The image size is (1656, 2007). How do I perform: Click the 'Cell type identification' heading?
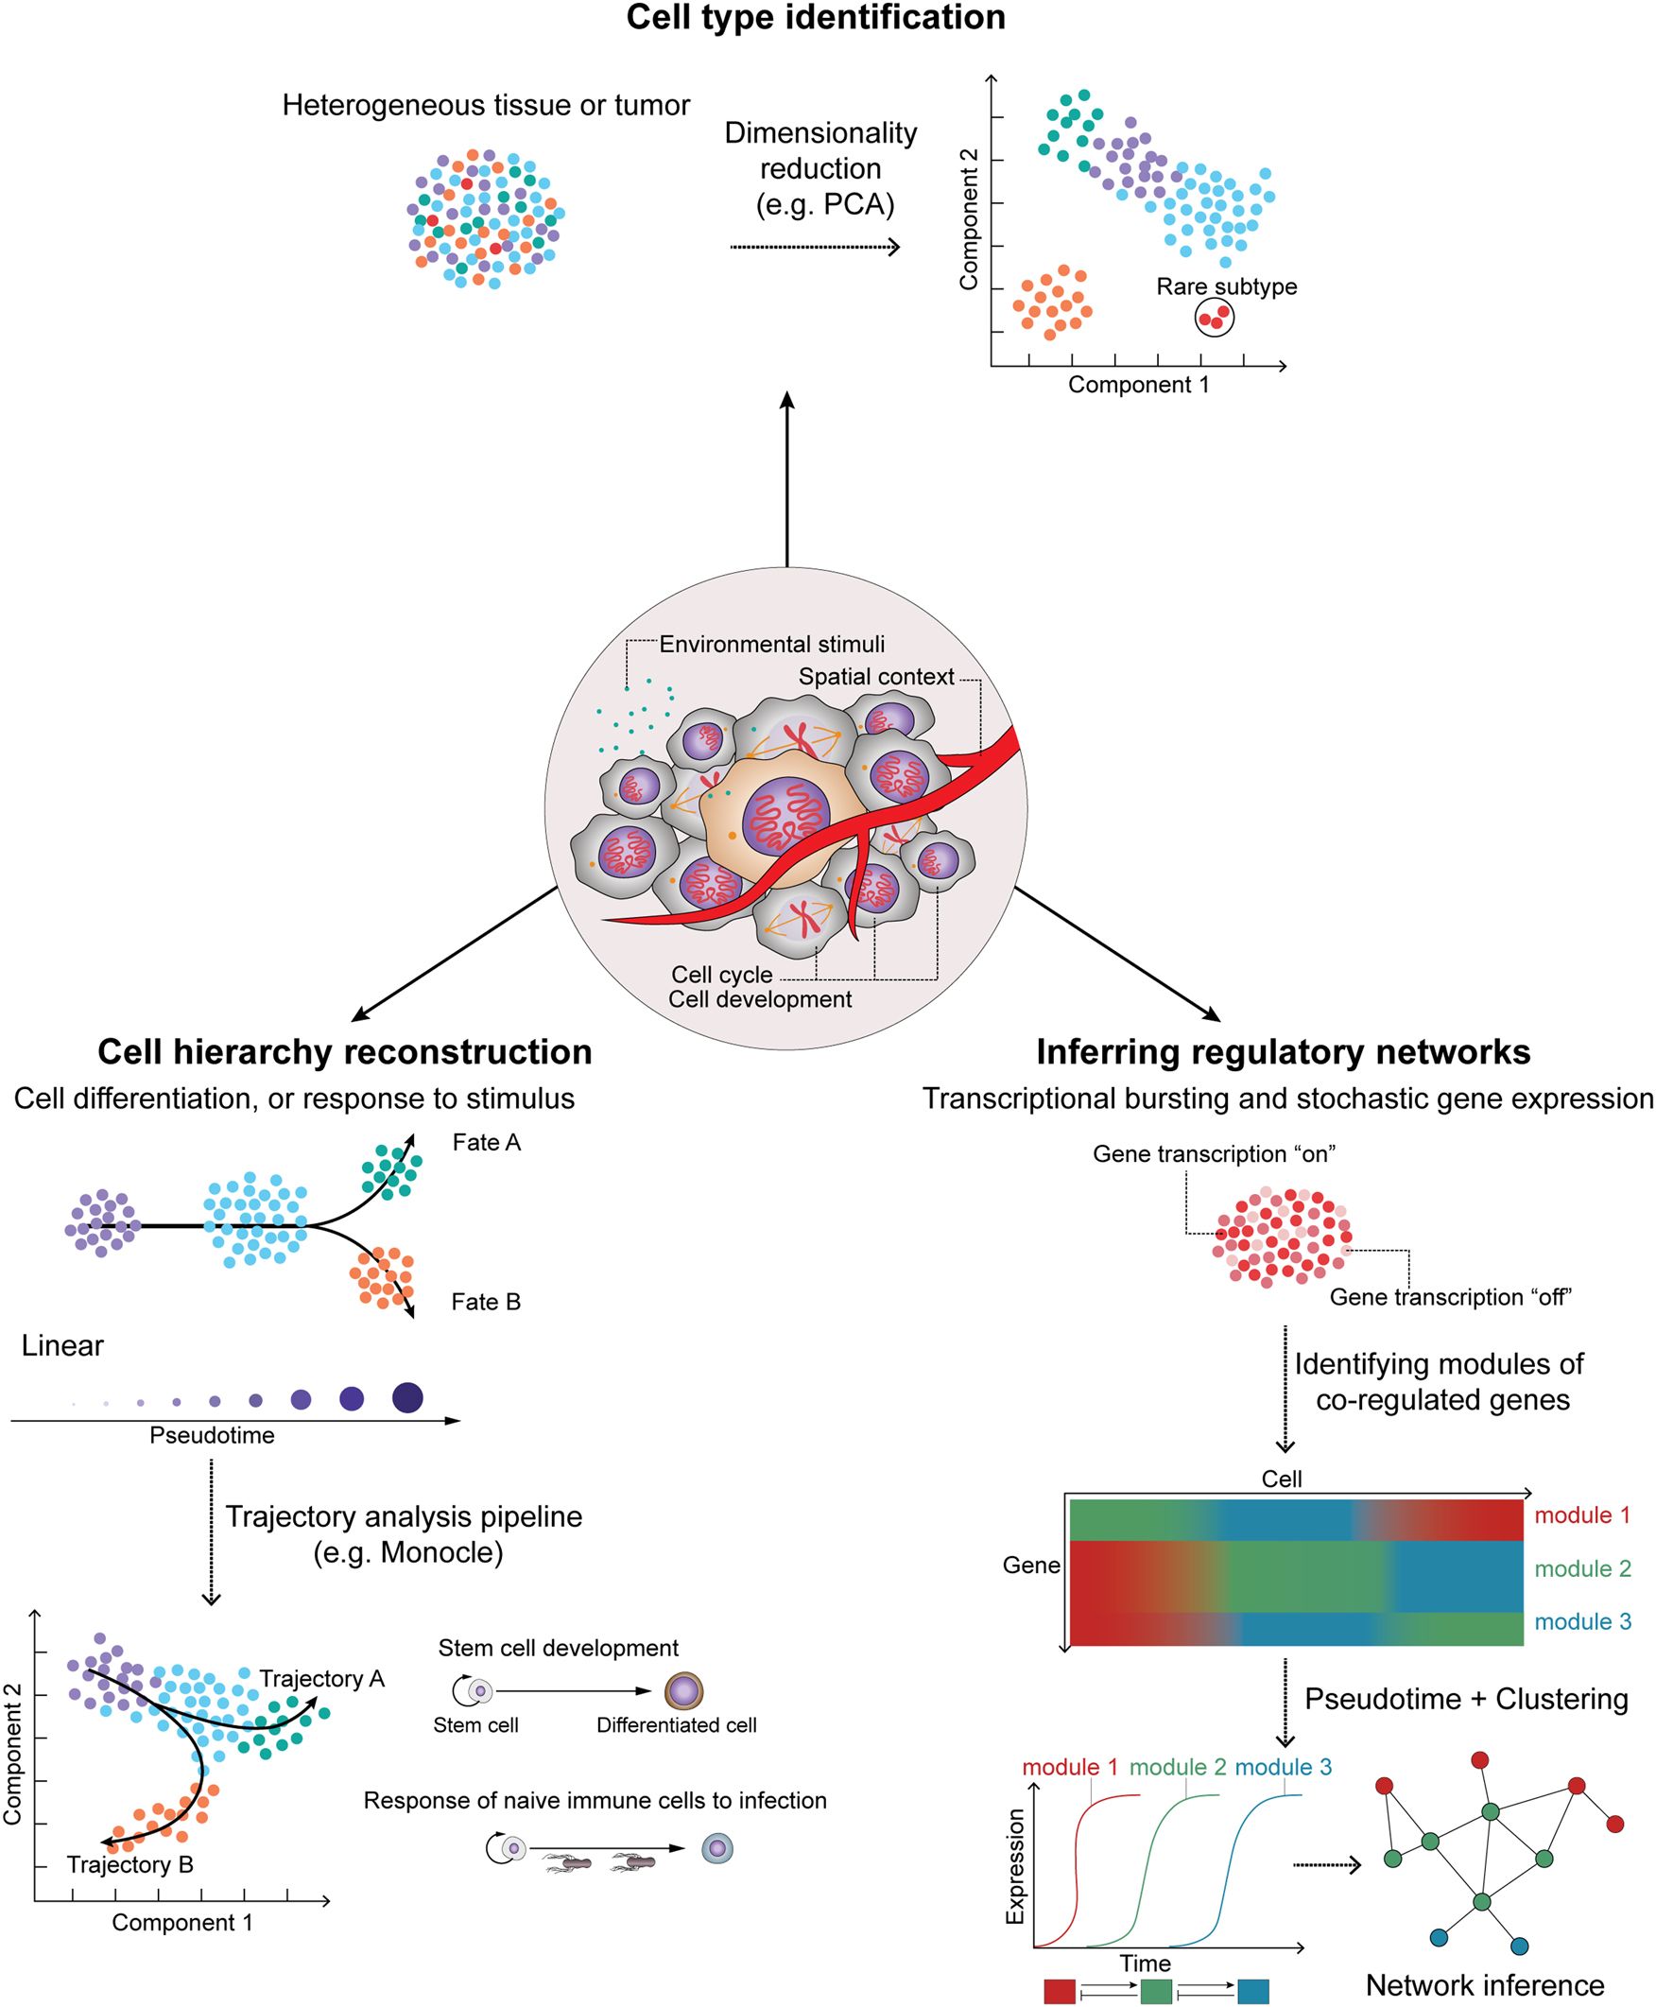(x=816, y=17)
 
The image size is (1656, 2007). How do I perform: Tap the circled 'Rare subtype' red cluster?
(x=1215, y=318)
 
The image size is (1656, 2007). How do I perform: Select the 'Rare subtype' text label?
(x=1226, y=286)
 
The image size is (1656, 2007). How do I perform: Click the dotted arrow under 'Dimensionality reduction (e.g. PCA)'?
(x=815, y=248)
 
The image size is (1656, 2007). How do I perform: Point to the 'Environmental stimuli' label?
(x=771, y=645)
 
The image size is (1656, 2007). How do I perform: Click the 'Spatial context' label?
(x=875, y=676)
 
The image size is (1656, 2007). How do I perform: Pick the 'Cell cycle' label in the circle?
(x=721, y=974)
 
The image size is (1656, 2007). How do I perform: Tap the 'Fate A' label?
(x=487, y=1143)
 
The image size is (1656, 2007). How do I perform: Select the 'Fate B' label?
(x=486, y=1302)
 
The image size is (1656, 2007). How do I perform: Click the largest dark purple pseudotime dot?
(x=407, y=1397)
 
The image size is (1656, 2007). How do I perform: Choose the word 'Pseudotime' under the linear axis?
(x=212, y=1436)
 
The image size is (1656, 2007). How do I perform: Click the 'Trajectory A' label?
(x=321, y=1678)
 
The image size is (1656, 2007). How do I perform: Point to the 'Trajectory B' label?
(x=129, y=1864)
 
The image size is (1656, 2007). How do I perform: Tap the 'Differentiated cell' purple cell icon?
(x=683, y=1691)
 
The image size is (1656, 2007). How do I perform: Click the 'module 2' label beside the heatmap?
(x=1582, y=1568)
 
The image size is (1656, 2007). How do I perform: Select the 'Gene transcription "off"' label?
(x=1450, y=1297)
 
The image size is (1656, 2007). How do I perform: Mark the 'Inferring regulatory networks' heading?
(x=1283, y=1052)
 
